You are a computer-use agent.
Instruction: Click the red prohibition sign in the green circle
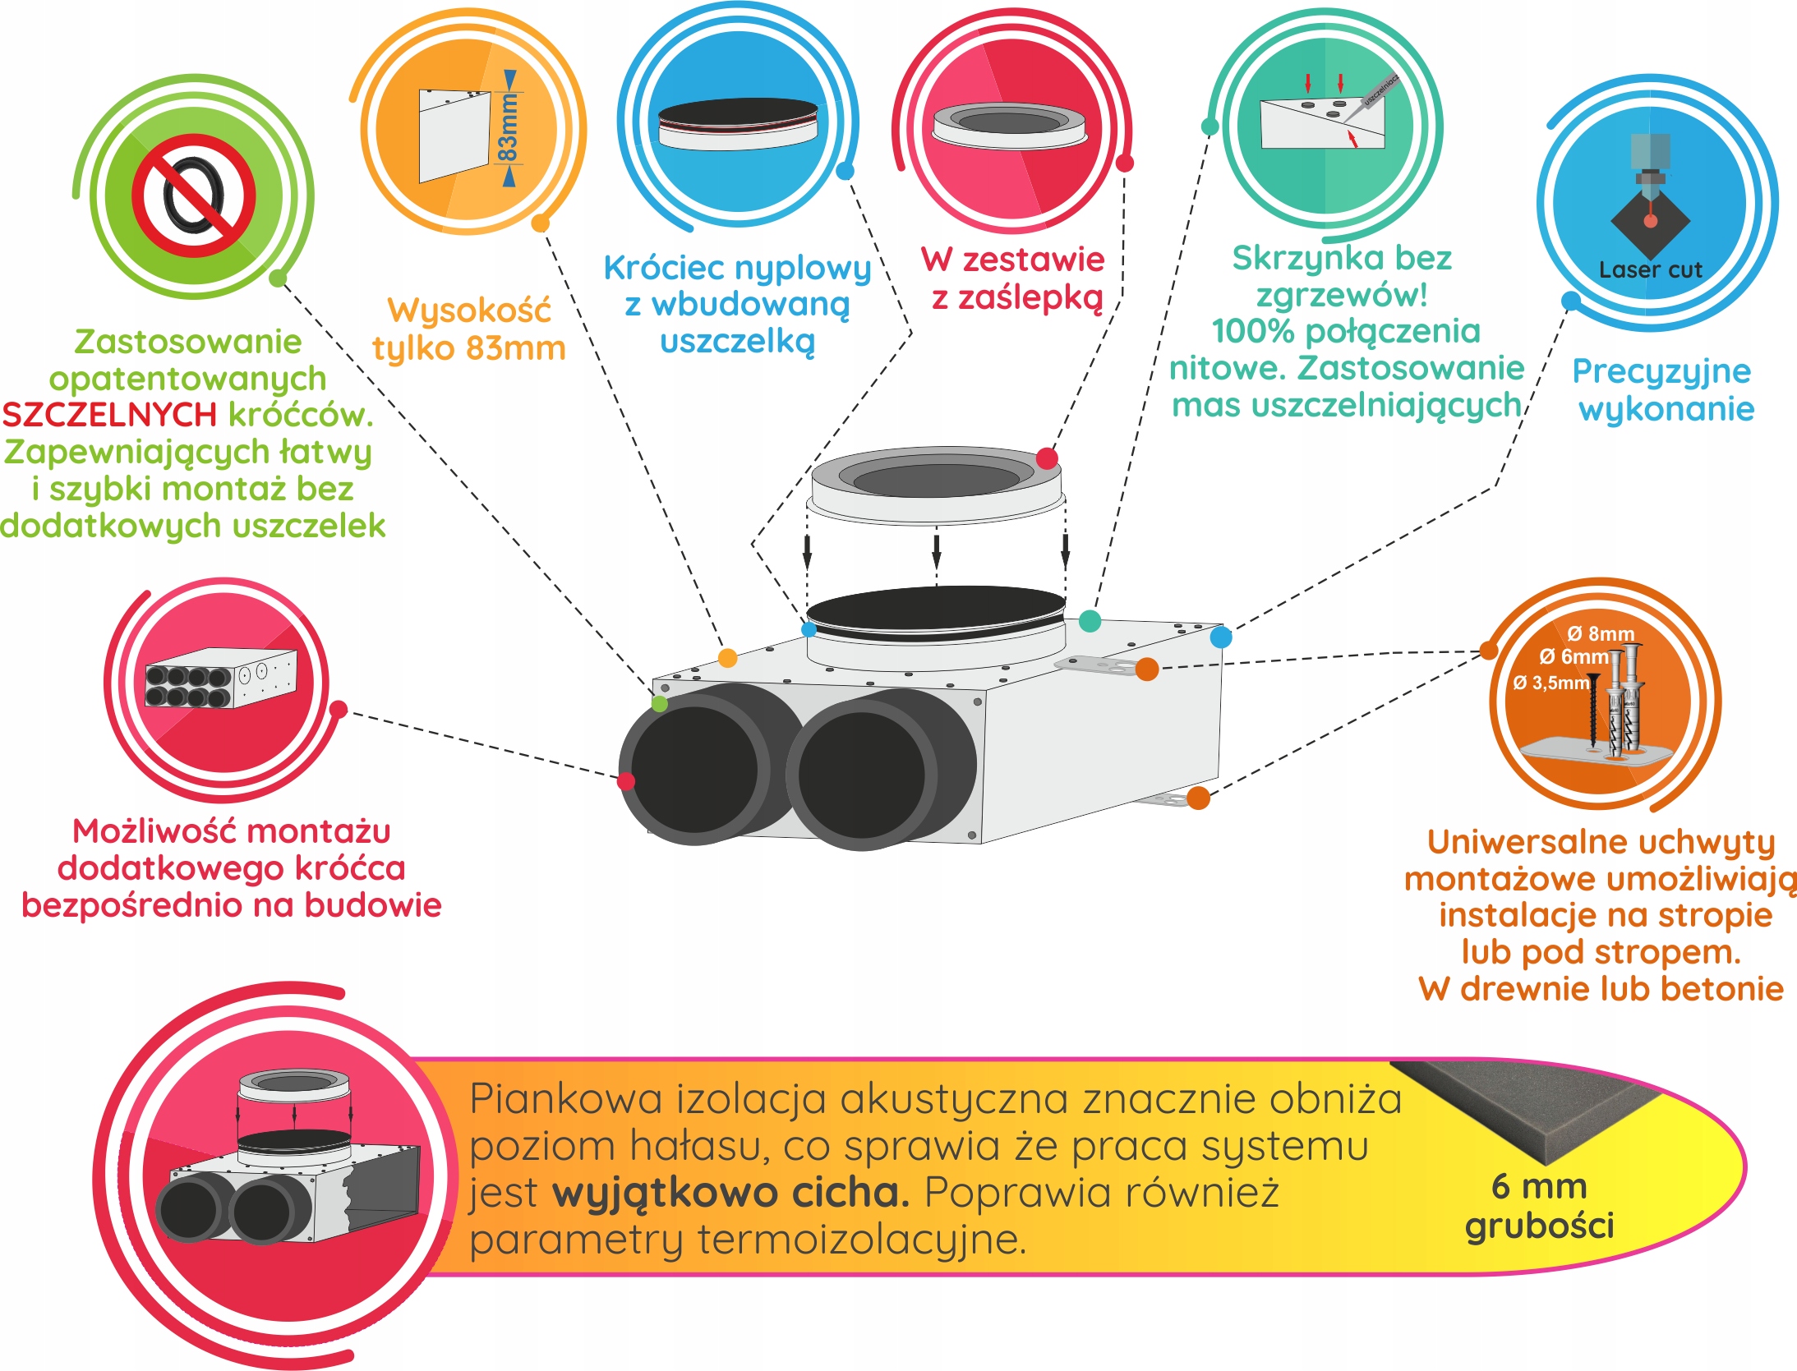click(194, 196)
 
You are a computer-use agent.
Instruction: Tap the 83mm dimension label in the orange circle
click(509, 127)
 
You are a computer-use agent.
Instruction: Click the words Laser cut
click(1650, 269)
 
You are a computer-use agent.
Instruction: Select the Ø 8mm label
click(1601, 633)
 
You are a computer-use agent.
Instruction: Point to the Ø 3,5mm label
click(1551, 683)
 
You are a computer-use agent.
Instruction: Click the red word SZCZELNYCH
click(109, 415)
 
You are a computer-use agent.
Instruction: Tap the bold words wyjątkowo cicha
click(730, 1193)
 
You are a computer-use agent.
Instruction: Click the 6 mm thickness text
click(1539, 1186)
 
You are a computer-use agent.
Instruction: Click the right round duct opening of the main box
click(861, 775)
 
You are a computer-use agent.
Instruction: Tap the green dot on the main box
click(659, 703)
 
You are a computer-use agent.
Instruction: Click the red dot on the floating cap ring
click(1047, 458)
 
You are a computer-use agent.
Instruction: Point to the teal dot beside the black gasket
click(1090, 621)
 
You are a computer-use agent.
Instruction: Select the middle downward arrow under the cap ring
click(936, 550)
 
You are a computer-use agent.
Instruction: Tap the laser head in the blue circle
click(1650, 164)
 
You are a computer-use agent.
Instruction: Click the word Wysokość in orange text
click(469, 311)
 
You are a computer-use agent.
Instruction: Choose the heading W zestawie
click(1012, 260)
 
